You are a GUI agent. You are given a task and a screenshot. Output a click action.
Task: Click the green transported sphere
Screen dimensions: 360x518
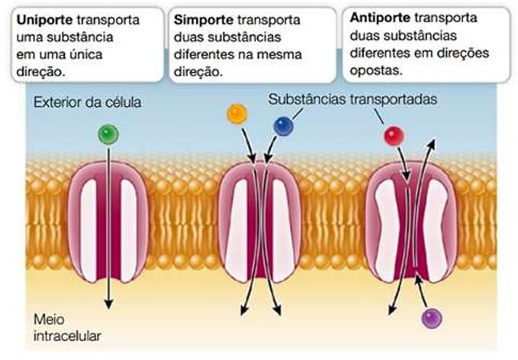[108, 135]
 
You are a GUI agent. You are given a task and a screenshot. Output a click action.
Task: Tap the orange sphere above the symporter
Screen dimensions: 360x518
[236, 114]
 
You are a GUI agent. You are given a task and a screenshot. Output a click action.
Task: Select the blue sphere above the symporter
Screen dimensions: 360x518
[283, 126]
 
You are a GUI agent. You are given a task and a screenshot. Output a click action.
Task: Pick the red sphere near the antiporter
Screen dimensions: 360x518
[394, 136]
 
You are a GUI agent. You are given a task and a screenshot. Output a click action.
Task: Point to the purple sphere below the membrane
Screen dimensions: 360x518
[432, 317]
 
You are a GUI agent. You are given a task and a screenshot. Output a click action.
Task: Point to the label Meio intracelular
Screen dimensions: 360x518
[69, 326]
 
